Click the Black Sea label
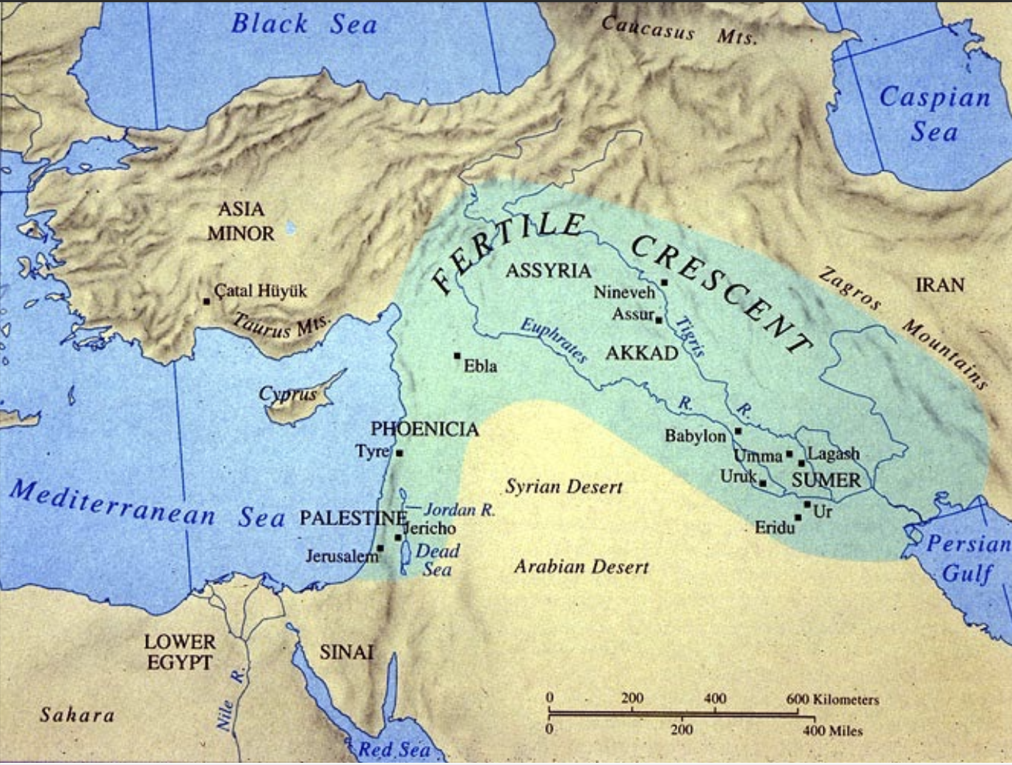[304, 23]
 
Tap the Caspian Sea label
[934, 114]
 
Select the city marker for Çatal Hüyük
[207, 301]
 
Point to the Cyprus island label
[287, 394]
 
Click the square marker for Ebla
[458, 356]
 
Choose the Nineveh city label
[624, 292]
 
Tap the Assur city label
[632, 314]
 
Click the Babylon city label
[695, 436]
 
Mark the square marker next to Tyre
[400, 454]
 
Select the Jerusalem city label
[341, 556]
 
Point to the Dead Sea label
[437, 560]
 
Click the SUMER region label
[825, 481]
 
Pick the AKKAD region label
[641, 354]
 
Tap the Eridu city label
[774, 527]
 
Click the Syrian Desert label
[563, 487]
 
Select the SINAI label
[346, 652]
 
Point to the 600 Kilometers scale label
[832, 699]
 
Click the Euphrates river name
[554, 341]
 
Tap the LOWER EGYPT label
[180, 652]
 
